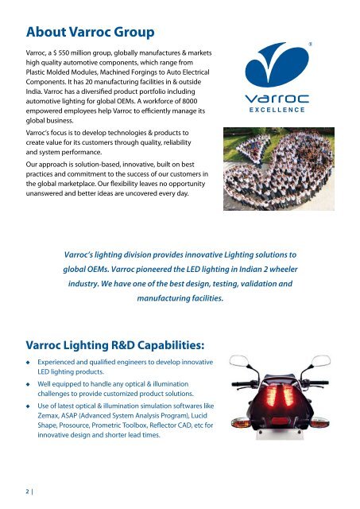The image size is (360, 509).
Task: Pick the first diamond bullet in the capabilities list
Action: [29, 363]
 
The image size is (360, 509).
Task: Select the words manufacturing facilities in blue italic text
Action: [180, 299]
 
